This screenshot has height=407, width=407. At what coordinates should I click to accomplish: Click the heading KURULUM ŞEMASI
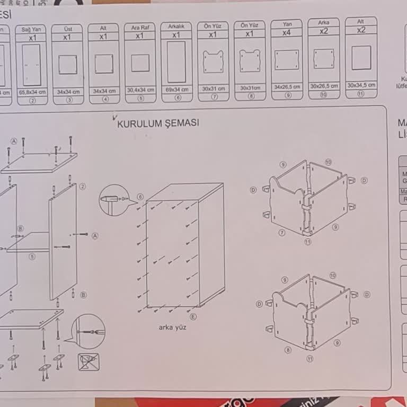[158, 123]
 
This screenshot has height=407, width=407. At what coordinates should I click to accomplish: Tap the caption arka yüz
[172, 327]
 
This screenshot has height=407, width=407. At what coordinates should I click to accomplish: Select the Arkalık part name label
[176, 26]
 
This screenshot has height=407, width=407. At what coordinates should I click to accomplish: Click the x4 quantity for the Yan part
[287, 32]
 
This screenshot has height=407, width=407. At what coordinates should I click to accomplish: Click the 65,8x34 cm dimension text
[32, 92]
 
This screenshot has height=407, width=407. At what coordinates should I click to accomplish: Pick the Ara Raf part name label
[140, 27]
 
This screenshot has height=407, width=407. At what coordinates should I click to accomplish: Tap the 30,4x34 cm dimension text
[140, 90]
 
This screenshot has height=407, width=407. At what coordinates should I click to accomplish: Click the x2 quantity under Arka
[323, 31]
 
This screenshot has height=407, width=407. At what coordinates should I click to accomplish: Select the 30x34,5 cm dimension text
[361, 85]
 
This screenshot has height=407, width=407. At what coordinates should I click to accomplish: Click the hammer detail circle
[114, 200]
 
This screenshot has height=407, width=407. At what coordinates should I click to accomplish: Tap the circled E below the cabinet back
[193, 316]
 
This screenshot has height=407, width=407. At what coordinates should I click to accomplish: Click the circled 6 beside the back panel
[140, 197]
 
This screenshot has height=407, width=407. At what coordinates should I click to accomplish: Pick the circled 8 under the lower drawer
[288, 350]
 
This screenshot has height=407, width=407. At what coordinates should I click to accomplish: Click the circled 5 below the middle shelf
[32, 256]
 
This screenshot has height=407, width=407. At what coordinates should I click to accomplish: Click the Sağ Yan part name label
[31, 30]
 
